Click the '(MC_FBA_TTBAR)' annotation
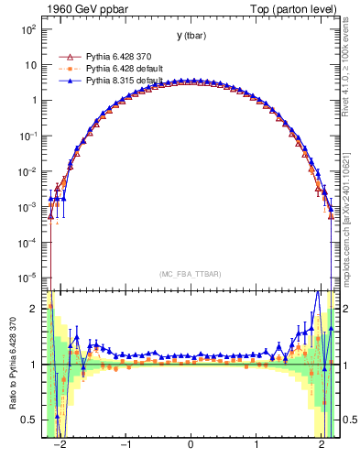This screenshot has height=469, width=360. point(191,274)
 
